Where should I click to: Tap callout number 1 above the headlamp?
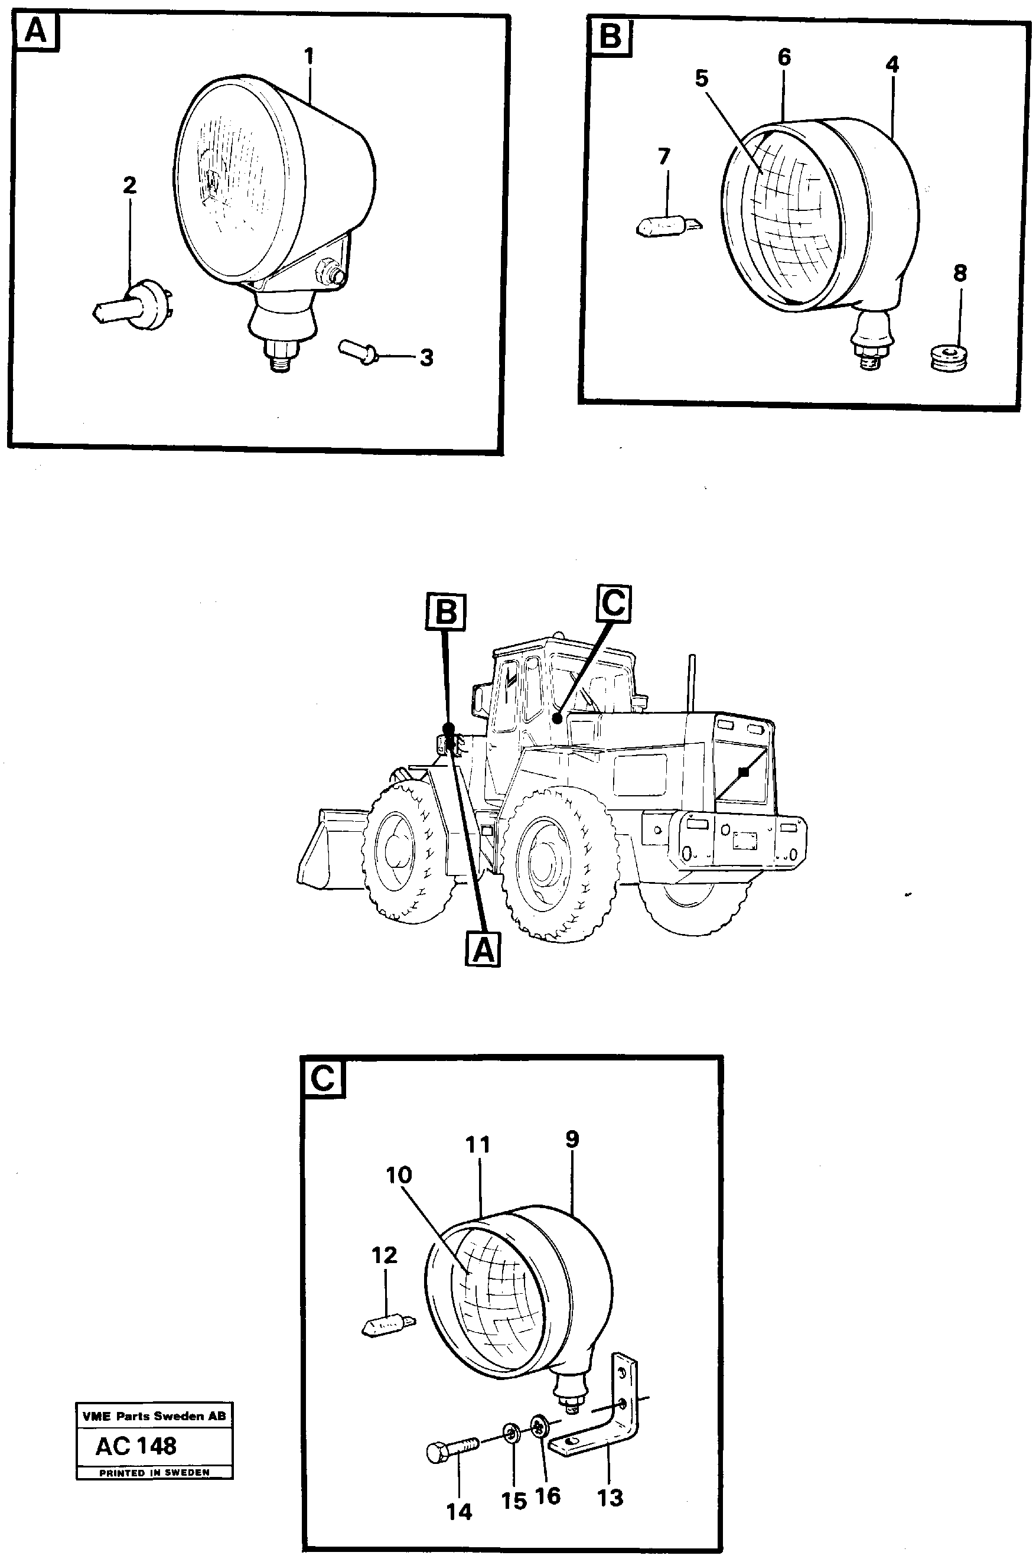point(308,57)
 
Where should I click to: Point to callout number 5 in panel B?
point(701,79)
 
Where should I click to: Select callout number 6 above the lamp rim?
point(784,57)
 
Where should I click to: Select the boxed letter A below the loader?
point(483,951)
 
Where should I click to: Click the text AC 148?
point(136,1446)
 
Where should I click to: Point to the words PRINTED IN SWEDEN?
point(154,1472)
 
